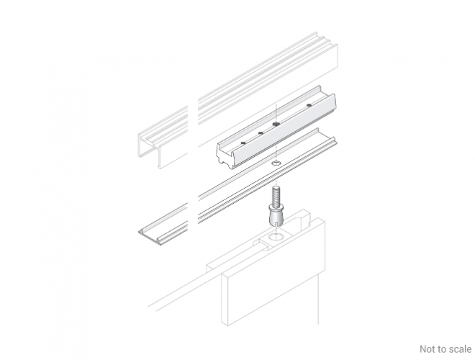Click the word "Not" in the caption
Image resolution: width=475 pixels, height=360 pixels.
(426, 349)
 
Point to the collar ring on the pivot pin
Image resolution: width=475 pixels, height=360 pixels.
(275, 207)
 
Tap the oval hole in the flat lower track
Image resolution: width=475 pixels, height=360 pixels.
(276, 163)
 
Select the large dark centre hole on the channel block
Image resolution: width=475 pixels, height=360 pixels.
(276, 124)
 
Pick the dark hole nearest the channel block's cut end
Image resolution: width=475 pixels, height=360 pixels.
(243, 143)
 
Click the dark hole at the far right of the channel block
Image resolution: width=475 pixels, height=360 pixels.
(309, 105)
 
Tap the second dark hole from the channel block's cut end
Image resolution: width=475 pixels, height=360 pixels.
(260, 132)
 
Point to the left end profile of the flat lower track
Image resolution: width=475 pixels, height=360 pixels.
(149, 234)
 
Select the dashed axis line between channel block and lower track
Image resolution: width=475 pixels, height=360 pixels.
(276, 153)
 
